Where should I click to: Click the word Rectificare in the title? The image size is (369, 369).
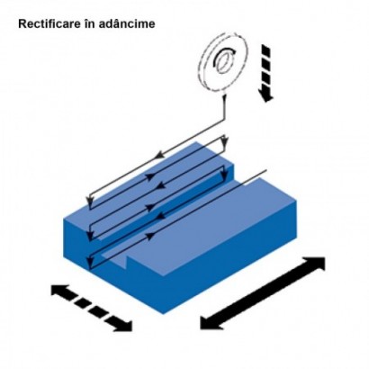tap(49, 23)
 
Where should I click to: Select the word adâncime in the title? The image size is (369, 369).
tap(126, 23)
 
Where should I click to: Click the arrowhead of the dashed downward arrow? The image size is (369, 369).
tap(266, 96)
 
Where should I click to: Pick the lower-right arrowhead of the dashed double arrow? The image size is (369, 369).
tap(123, 326)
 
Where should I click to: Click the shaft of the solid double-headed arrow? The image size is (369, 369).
tap(263, 293)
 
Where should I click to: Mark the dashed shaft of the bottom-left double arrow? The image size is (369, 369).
tap(92, 308)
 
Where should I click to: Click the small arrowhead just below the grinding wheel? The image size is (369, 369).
tap(224, 98)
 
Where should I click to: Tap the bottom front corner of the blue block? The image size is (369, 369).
tap(163, 314)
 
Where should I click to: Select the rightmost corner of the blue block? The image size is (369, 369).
tap(297, 201)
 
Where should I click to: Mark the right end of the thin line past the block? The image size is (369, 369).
tap(266, 171)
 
